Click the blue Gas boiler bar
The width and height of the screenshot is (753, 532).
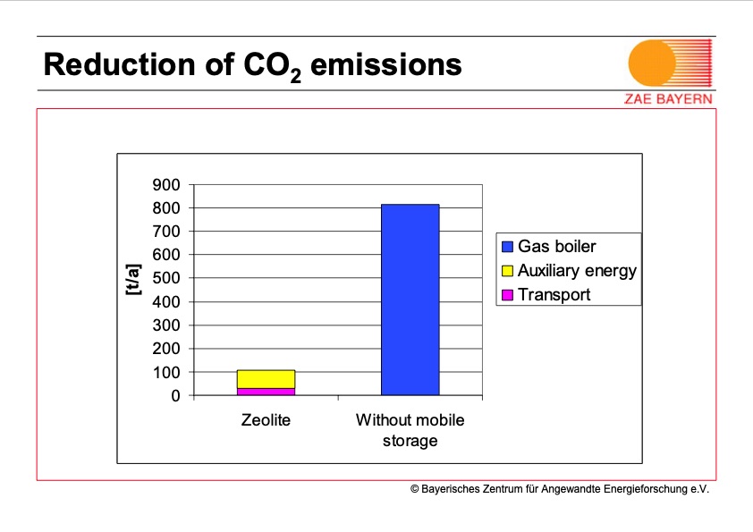click(x=410, y=300)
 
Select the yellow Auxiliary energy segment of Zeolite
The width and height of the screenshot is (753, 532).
click(x=266, y=379)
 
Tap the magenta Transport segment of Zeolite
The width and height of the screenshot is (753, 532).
click(x=266, y=392)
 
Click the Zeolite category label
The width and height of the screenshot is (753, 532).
click(x=266, y=419)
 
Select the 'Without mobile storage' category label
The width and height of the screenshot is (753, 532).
click(x=410, y=430)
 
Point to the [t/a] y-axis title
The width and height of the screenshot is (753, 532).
click(x=133, y=278)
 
